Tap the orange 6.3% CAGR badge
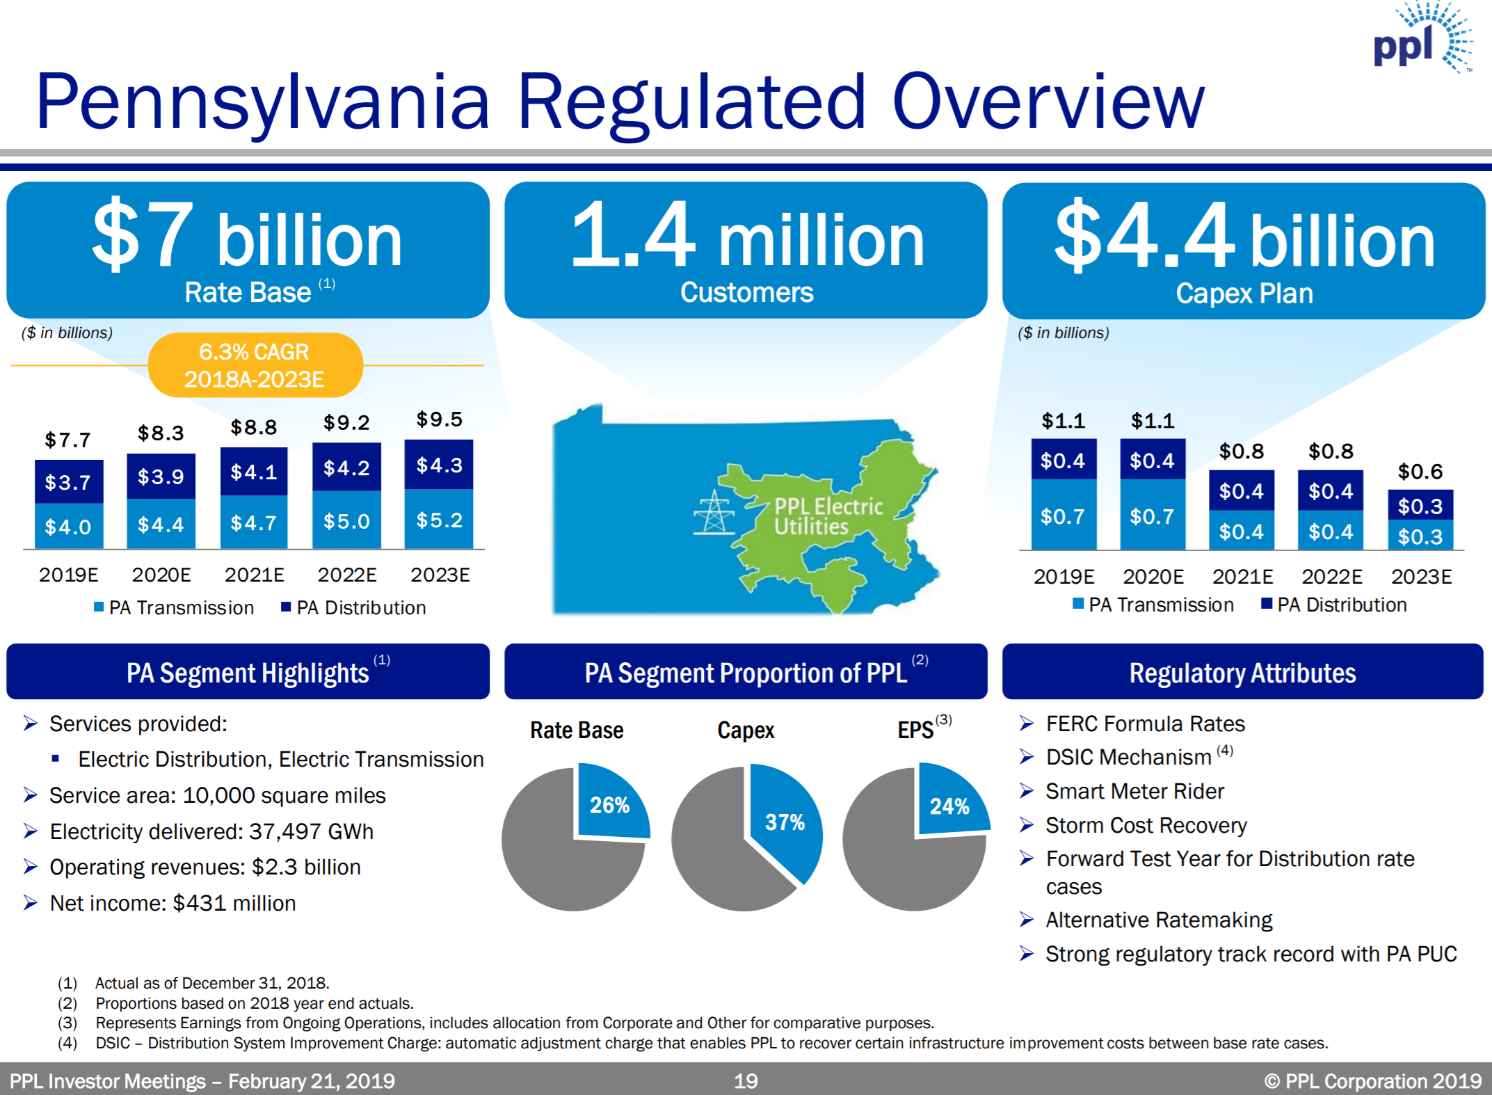coord(255,365)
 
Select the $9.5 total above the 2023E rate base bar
coord(439,419)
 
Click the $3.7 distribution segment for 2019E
coord(68,482)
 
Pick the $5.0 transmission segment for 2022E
coord(346,521)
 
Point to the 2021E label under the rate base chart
coord(254,575)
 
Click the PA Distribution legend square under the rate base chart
coord(285,607)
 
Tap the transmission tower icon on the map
coord(714,513)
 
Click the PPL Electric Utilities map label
coord(828,516)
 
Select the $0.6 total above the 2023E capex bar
coord(1420,472)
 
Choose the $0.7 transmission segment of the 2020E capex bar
coord(1152,516)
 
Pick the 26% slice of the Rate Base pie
coord(610,804)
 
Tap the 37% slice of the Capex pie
coord(785,822)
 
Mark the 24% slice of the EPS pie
coord(949,805)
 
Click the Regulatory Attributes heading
coord(1242,673)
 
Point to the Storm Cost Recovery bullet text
coord(1146,825)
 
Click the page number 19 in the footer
coord(746,1080)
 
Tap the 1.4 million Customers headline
coord(746,250)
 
